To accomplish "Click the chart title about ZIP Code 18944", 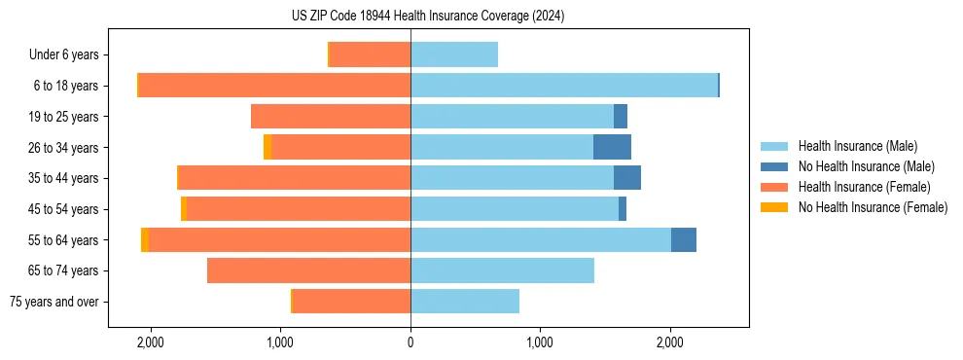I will click(428, 17).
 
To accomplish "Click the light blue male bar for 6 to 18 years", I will click(564, 86).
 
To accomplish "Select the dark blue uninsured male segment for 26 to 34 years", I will click(612, 147).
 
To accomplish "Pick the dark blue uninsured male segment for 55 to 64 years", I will click(683, 239).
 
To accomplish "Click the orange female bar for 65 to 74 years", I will click(308, 270).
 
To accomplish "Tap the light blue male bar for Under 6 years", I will click(454, 54).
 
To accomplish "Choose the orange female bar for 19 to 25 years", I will click(331, 117).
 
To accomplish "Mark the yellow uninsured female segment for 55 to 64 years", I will click(145, 239).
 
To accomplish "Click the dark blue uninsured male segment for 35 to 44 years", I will click(626, 178).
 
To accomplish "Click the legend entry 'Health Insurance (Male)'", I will click(857, 146).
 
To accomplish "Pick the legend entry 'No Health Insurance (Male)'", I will click(866, 166).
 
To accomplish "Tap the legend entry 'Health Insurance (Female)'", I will click(864, 187).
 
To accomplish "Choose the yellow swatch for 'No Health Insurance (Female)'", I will click(774, 207).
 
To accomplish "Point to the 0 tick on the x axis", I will click(410, 342).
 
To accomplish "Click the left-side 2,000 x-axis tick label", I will click(151, 342).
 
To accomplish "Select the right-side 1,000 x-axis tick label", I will click(540, 342).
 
